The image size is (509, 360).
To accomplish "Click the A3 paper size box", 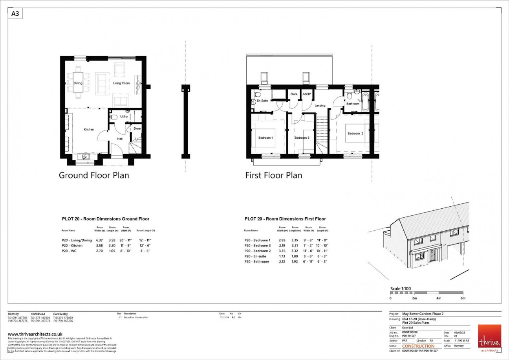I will tap(15, 14).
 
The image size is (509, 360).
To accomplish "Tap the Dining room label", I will tap(78, 83).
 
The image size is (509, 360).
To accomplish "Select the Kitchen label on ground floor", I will tap(89, 129).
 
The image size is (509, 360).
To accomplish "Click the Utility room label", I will tap(124, 117).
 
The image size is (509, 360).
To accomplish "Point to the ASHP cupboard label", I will tap(307, 94).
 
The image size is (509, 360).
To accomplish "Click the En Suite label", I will tap(262, 101).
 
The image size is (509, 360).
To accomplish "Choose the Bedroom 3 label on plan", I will tap(302, 138).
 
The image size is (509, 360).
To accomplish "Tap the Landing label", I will tap(320, 106).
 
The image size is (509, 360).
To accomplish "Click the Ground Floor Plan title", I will tap(94, 175).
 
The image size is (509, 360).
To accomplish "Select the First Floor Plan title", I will tap(274, 175).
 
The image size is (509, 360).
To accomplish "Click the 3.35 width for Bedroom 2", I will tap(282, 251).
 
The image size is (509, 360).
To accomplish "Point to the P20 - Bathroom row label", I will tap(256, 261).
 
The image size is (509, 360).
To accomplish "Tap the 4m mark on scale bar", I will tap(439, 298).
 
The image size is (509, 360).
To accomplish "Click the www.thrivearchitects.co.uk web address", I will tap(35, 334).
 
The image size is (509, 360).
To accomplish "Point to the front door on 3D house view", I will tap(433, 255).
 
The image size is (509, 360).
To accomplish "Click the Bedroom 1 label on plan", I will tap(265, 138).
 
